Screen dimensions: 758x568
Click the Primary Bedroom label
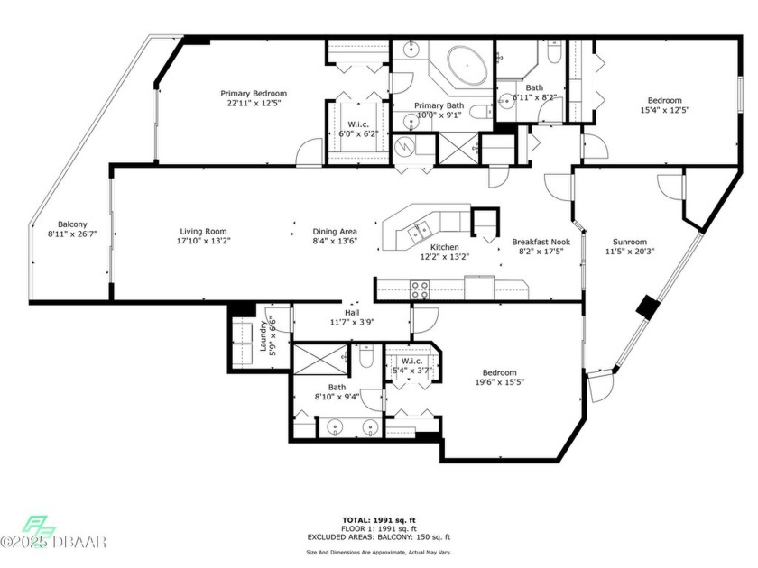(254, 94)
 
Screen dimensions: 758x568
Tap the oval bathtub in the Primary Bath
(467, 65)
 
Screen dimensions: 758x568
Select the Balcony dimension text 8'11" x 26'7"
(72, 234)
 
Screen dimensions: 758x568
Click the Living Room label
(203, 232)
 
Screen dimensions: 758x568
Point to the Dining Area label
(335, 232)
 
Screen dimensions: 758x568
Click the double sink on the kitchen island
(419, 233)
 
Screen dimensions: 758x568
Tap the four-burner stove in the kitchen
(419, 289)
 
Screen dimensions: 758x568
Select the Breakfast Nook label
(541, 242)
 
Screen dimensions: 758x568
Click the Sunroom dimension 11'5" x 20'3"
(630, 252)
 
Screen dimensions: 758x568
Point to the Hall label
(352, 313)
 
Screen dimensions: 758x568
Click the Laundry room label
(263, 336)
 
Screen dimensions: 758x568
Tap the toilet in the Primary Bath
(480, 112)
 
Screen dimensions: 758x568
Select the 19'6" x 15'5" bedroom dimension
(499, 382)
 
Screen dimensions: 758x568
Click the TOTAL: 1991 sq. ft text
(378, 520)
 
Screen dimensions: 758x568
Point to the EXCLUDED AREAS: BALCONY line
(378, 537)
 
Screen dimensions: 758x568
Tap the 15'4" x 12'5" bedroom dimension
(664, 110)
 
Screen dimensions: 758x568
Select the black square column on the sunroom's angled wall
(647, 307)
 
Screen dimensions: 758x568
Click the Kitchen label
(444, 247)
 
